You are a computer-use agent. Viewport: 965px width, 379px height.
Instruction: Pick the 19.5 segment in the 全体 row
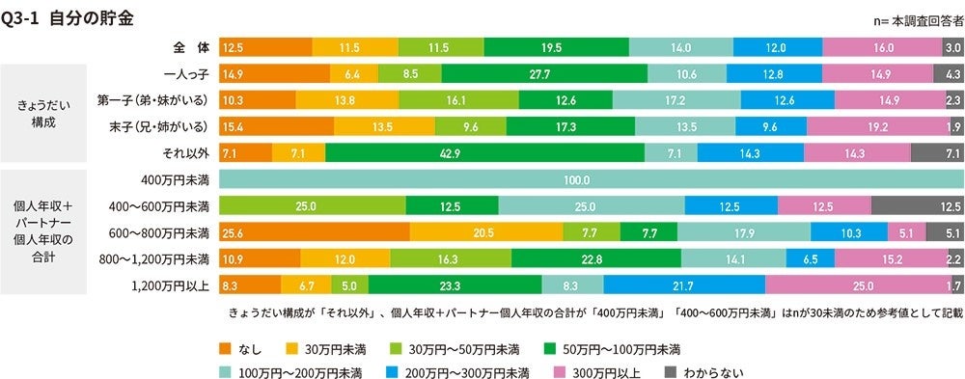click(x=556, y=47)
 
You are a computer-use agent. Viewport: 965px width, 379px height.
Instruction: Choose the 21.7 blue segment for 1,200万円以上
click(x=684, y=284)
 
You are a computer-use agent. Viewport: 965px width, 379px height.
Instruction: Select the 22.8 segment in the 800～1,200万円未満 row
click(x=596, y=257)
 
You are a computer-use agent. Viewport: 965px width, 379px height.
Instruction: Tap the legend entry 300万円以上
click(x=596, y=371)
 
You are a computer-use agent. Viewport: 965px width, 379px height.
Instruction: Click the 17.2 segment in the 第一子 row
click(x=660, y=99)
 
